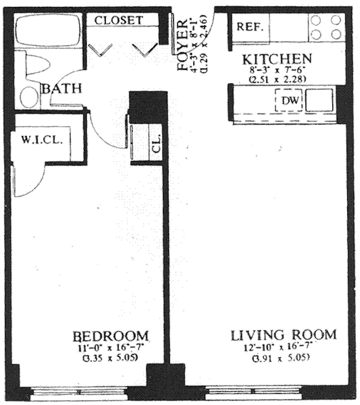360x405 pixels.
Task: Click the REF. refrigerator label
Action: (250, 27)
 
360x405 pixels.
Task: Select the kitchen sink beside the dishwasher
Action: (319, 100)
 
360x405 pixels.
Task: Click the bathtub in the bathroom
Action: (48, 31)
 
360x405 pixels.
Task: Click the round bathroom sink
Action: (29, 97)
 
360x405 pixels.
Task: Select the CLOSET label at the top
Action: (119, 20)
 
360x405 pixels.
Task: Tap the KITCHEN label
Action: (276, 59)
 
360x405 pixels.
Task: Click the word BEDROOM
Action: (110, 335)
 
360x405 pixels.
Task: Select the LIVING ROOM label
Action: (284, 334)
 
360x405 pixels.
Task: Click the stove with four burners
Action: (326, 27)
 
